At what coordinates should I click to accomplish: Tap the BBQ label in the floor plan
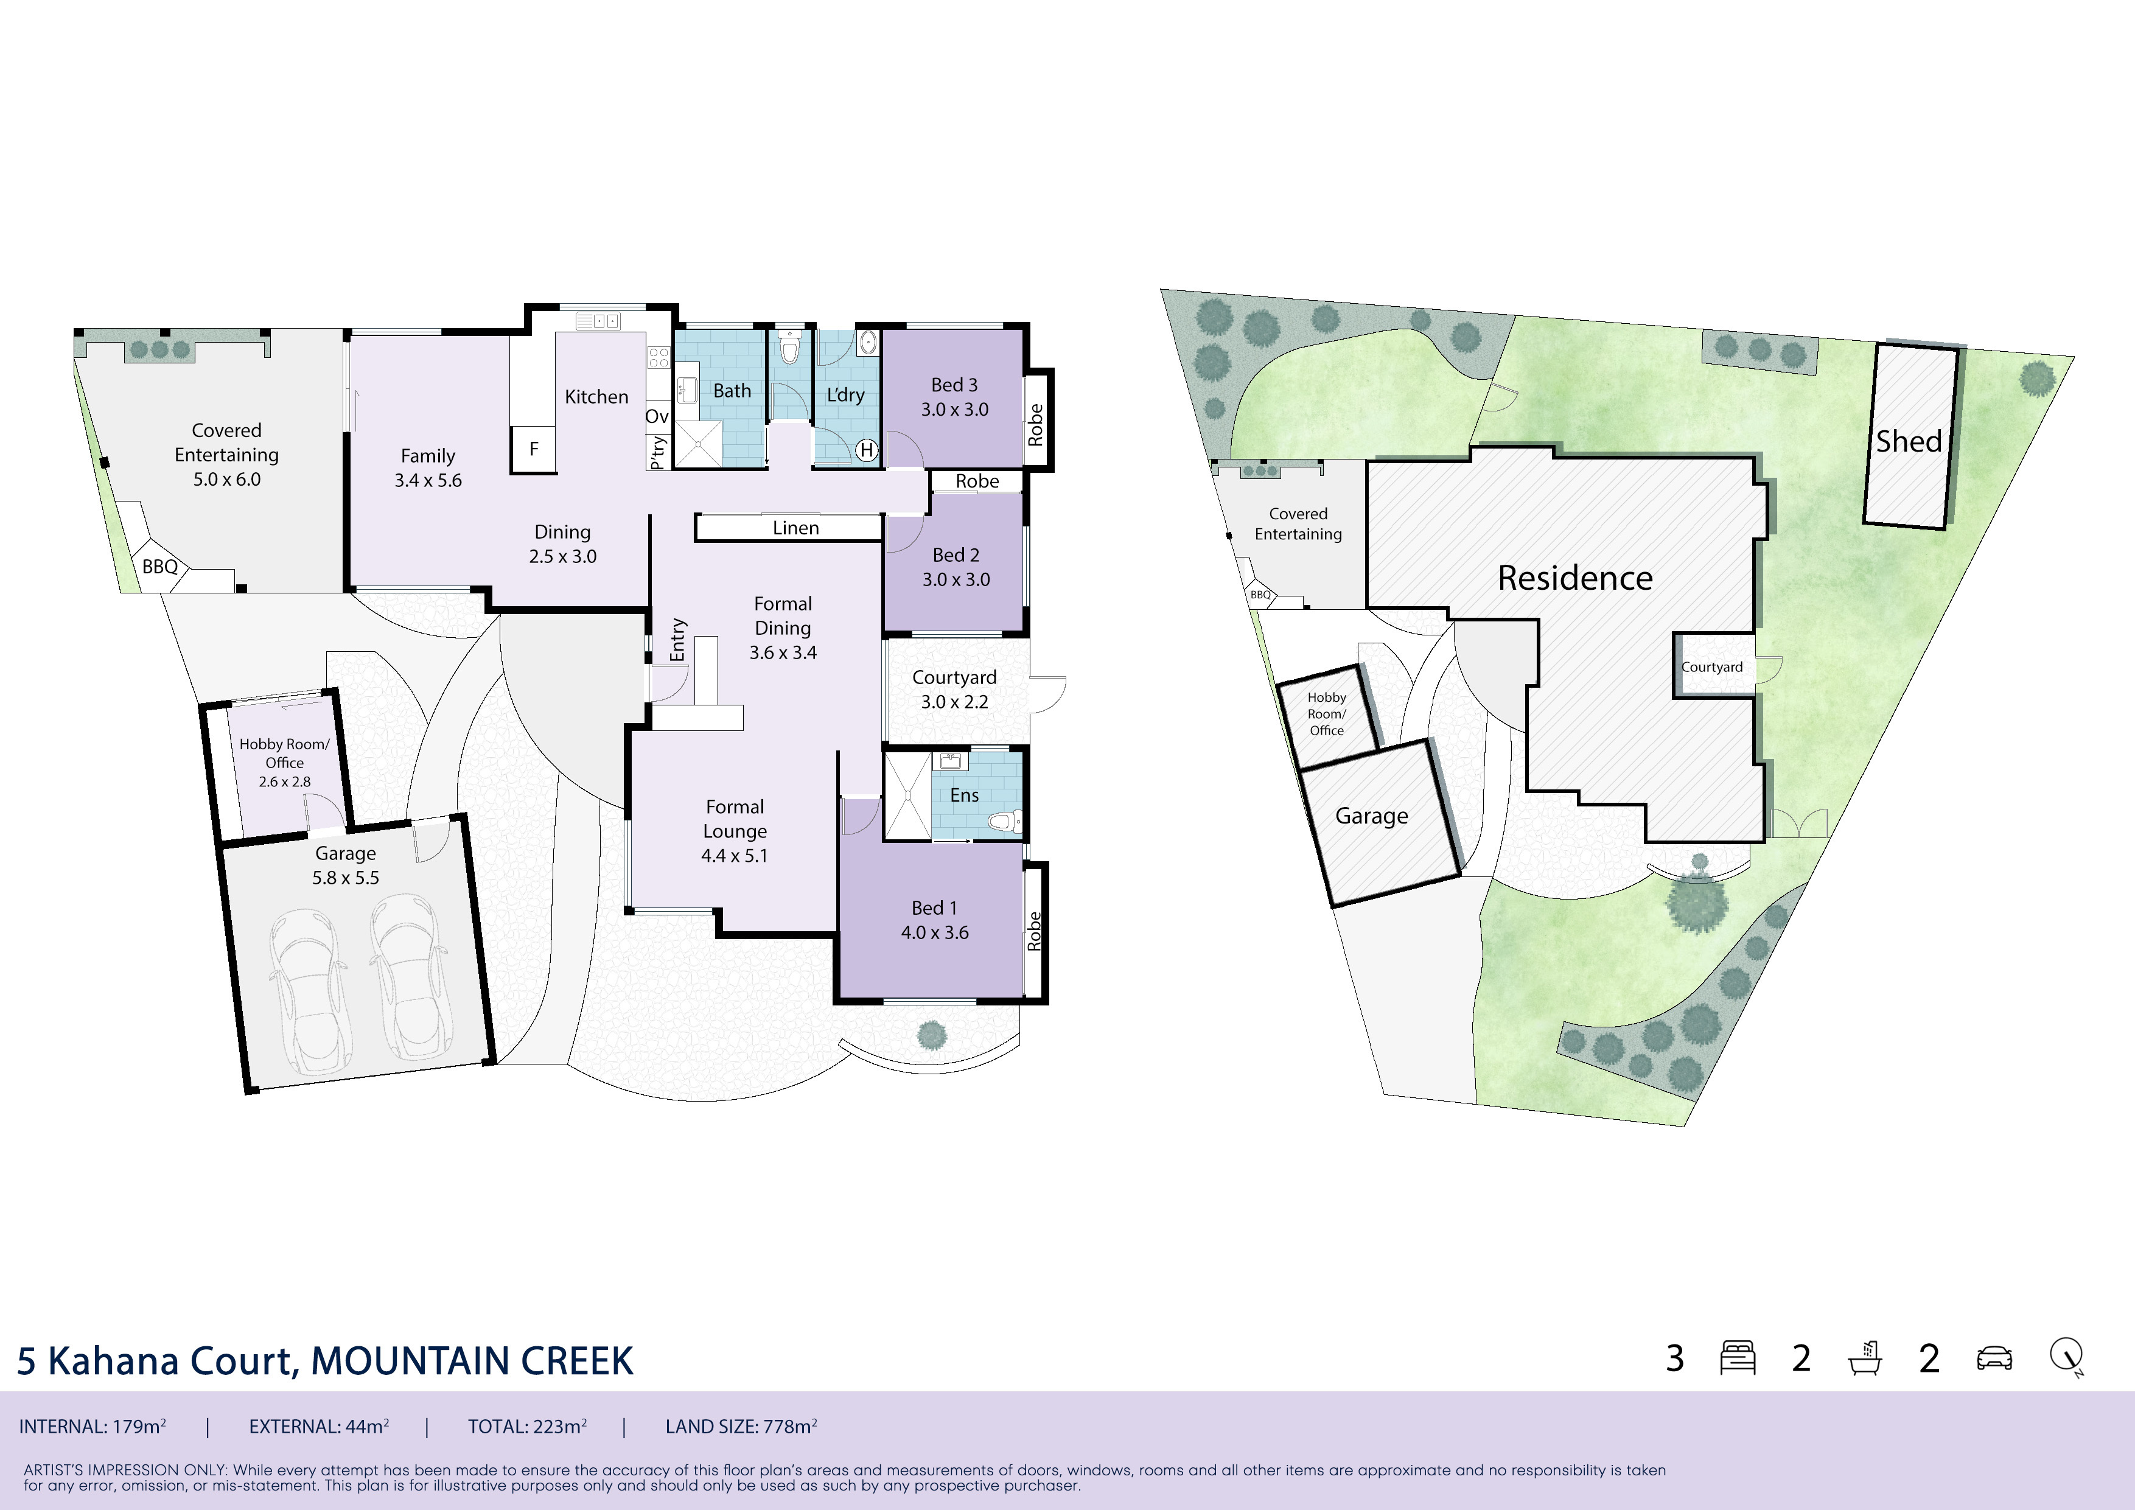[160, 566]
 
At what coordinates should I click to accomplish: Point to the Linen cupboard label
[796, 528]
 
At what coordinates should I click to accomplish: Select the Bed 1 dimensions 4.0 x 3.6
[935, 932]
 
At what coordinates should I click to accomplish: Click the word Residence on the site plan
[1575, 578]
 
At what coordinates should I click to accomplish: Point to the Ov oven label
[657, 416]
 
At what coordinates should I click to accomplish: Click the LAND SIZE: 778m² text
[741, 1427]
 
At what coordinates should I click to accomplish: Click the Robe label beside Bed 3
[1036, 425]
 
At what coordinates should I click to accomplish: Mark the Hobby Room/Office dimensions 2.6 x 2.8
[285, 782]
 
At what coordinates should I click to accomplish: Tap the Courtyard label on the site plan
[1712, 666]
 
